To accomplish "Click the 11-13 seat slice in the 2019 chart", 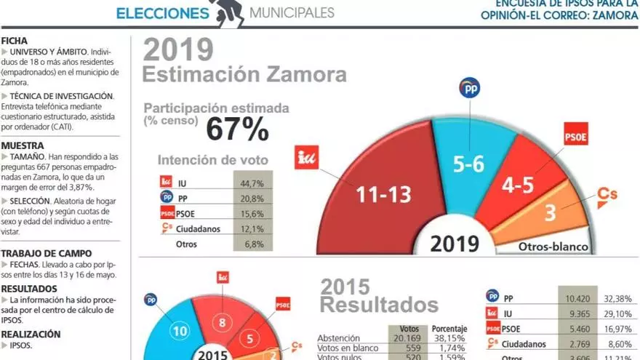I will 383,193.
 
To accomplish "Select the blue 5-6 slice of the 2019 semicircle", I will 468,164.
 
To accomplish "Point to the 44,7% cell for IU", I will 252,183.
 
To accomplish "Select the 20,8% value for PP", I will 252,199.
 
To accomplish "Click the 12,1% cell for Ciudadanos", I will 252,229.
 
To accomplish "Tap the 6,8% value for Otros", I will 252,244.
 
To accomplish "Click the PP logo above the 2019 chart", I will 470,88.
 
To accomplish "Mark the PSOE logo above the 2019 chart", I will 576,136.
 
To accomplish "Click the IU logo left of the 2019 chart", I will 306,156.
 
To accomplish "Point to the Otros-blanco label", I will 553,247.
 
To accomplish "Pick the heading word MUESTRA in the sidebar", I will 23,145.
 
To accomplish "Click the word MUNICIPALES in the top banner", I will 292,12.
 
